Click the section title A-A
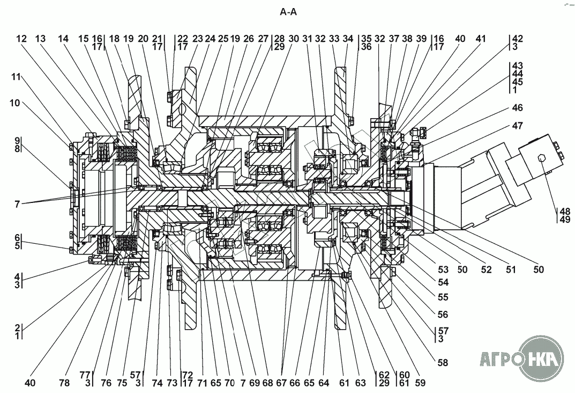click(x=288, y=12)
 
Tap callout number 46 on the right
click(x=518, y=107)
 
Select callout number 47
click(x=518, y=126)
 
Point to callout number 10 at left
click(x=14, y=103)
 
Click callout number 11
click(x=16, y=77)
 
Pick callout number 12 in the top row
click(x=21, y=39)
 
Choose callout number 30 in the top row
click(x=294, y=39)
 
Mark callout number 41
click(x=480, y=39)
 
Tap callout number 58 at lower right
click(x=443, y=362)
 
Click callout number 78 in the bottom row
click(x=64, y=383)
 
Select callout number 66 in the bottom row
click(x=295, y=383)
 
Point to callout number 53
click(x=443, y=270)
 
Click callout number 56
click(x=443, y=315)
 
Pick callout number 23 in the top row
click(x=198, y=39)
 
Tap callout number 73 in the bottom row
click(x=172, y=383)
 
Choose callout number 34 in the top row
click(x=348, y=39)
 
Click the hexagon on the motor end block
click(x=541, y=158)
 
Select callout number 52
click(x=486, y=270)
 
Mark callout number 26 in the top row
click(x=249, y=39)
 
